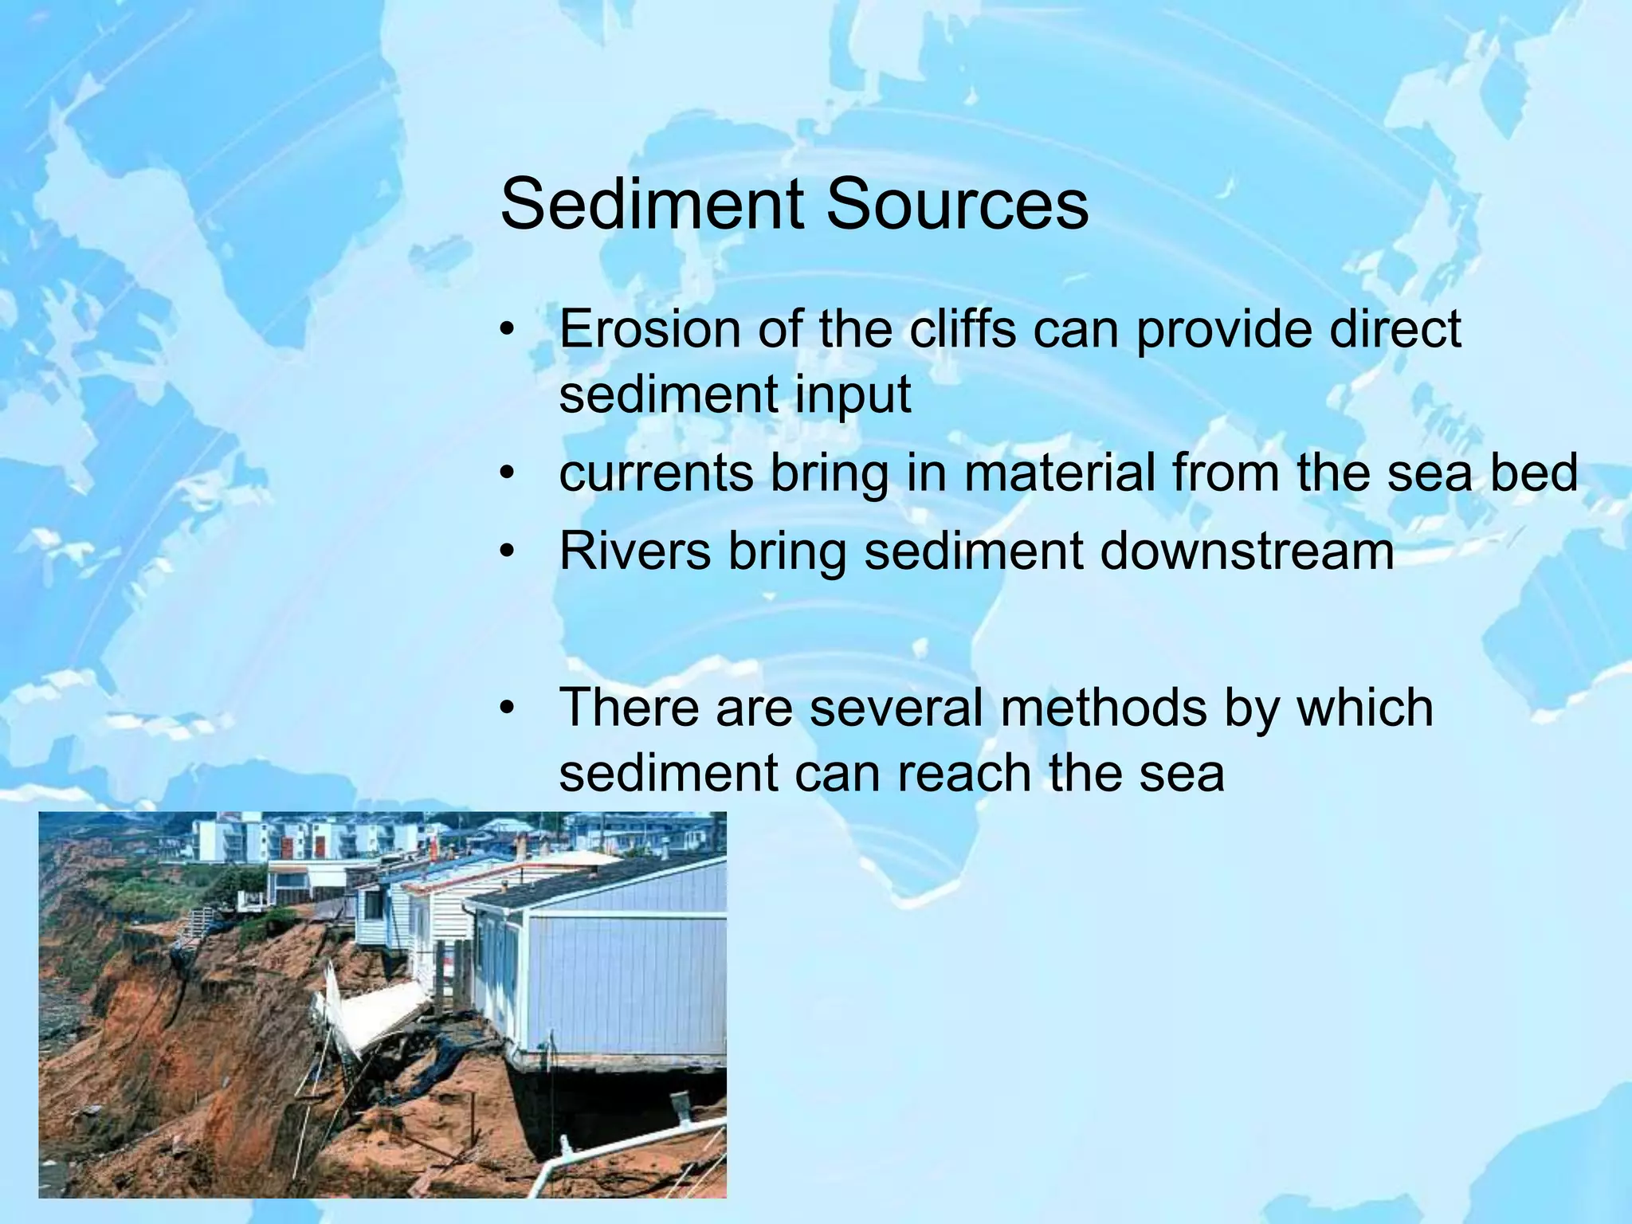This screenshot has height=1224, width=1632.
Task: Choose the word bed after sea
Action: (1533, 473)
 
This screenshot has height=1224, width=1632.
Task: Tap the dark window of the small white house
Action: (372, 904)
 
